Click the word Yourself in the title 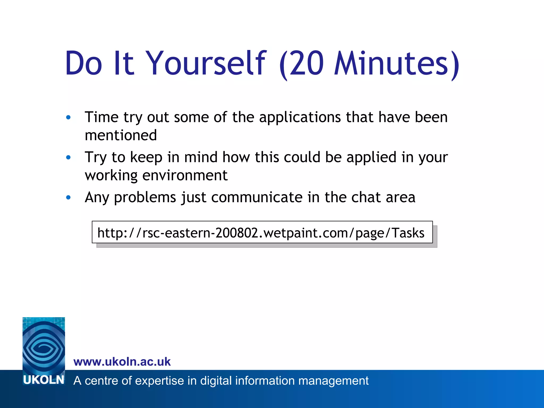pyautogui.click(x=206, y=63)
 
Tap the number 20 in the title pyautogui.click(x=307, y=63)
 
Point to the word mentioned pyautogui.click(x=121, y=135)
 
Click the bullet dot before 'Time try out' pyautogui.click(x=69, y=117)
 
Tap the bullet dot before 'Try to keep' pyautogui.click(x=69, y=158)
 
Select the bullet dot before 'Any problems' pyautogui.click(x=69, y=197)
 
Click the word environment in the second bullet pyautogui.click(x=185, y=175)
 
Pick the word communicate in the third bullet pyautogui.click(x=257, y=197)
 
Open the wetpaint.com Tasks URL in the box pyautogui.click(x=261, y=233)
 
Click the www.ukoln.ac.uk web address pyautogui.click(x=122, y=362)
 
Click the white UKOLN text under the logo pyautogui.click(x=44, y=380)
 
